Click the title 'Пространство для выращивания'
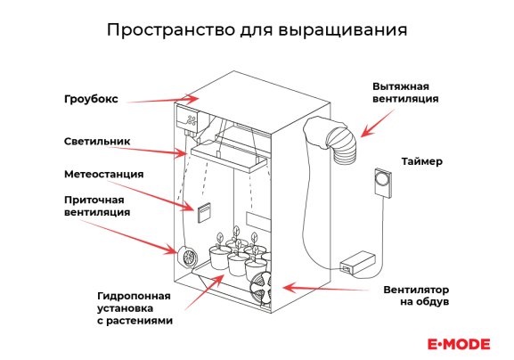click(257, 29)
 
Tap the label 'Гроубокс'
click(91, 99)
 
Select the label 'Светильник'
click(97, 142)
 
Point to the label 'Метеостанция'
click(104, 174)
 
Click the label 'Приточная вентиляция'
click(97, 206)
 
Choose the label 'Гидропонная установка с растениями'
click(135, 308)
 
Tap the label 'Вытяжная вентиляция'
click(405, 93)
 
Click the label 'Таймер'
click(422, 161)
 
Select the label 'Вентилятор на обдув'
click(416, 296)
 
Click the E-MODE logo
click(459, 344)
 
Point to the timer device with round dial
click(383, 183)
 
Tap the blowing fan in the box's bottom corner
click(261, 290)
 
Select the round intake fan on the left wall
click(187, 257)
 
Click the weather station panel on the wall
click(204, 212)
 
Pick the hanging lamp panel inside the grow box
click(230, 157)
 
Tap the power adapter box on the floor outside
click(358, 262)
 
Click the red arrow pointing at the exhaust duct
click(377, 123)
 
